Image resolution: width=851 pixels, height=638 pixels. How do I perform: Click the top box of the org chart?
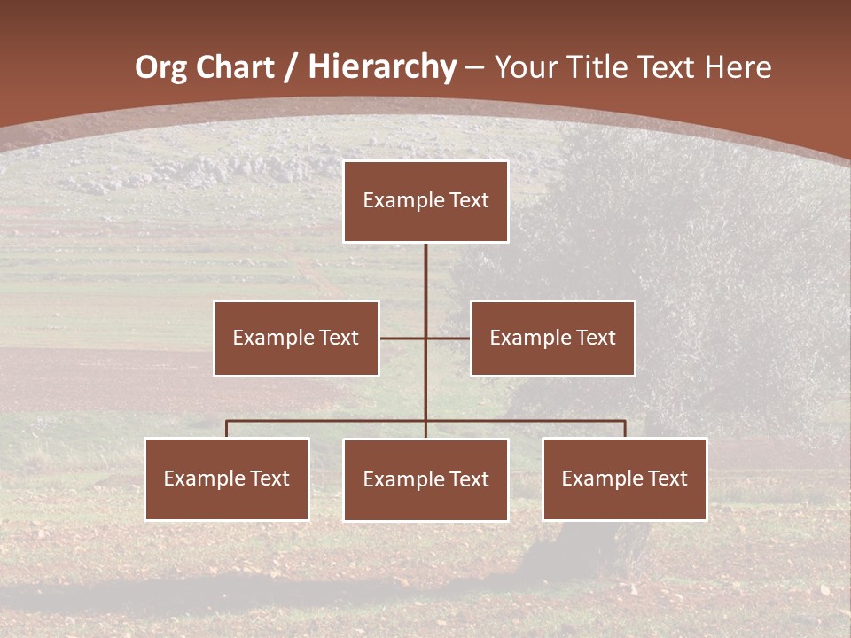click(425, 201)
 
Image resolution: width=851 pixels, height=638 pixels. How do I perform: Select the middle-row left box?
click(296, 338)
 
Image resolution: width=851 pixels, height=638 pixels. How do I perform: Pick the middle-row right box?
click(552, 338)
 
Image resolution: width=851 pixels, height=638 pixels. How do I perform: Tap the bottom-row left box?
click(227, 478)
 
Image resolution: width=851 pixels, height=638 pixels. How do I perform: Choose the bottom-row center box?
click(425, 479)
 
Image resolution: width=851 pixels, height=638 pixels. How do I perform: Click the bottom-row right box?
click(625, 478)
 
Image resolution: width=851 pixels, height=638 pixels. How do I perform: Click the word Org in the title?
click(160, 67)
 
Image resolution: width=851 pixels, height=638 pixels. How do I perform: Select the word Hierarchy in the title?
click(382, 67)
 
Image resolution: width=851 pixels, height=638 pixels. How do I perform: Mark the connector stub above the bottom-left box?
click(227, 429)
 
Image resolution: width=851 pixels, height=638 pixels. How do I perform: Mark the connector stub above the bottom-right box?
click(625, 429)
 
